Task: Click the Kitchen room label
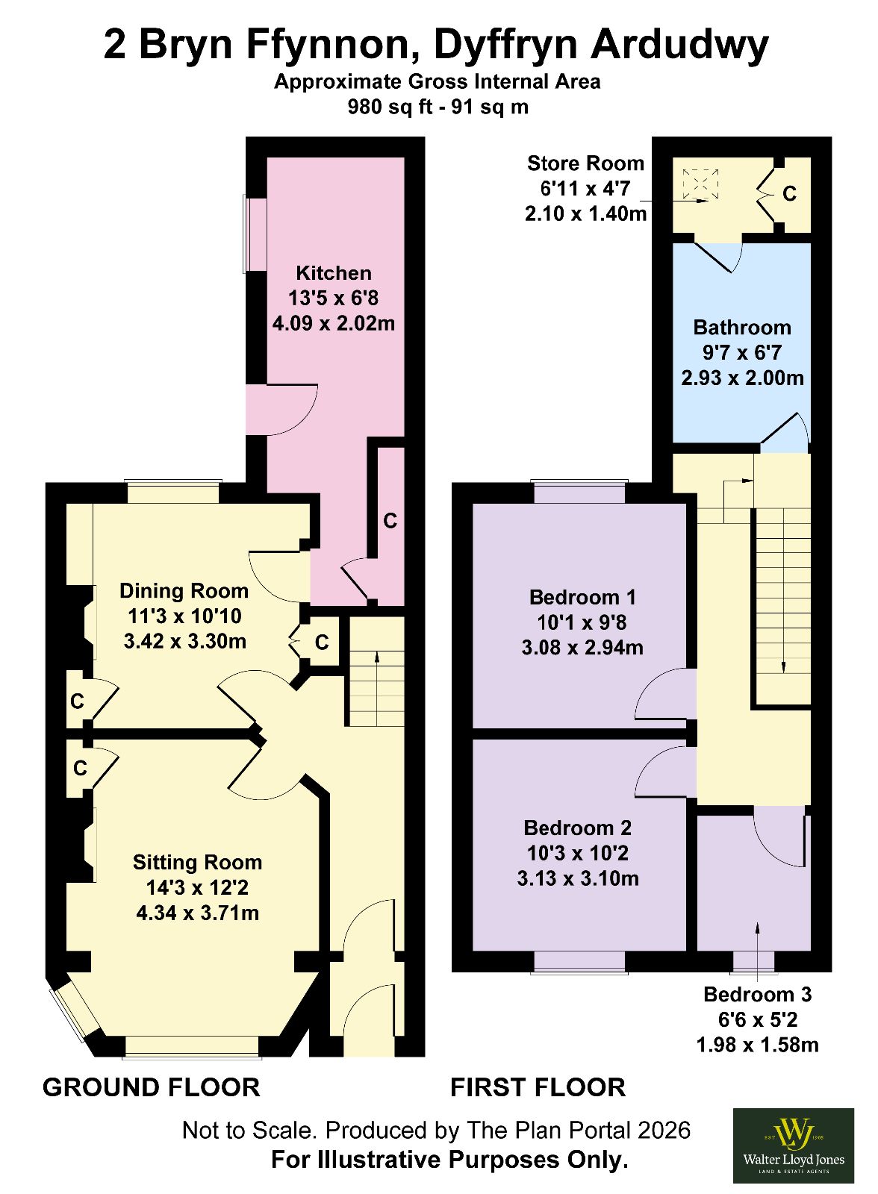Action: click(x=334, y=273)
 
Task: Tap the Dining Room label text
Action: click(x=184, y=590)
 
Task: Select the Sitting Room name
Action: click(x=197, y=863)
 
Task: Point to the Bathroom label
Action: click(x=742, y=328)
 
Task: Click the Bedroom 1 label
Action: click(x=582, y=597)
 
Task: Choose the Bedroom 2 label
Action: click(x=578, y=828)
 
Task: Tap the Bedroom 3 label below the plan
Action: click(x=758, y=994)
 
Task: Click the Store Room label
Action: click(x=585, y=163)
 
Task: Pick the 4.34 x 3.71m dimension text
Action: click(x=197, y=913)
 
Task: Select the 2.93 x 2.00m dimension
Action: click(x=742, y=378)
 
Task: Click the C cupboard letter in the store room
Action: click(x=789, y=194)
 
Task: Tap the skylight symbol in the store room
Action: click(x=700, y=184)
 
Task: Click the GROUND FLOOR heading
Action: click(x=152, y=1088)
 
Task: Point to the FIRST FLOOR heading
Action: click(x=538, y=1088)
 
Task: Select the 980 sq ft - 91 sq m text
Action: click(x=438, y=107)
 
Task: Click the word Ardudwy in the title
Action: click(x=679, y=46)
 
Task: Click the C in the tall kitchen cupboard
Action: click(x=390, y=521)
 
